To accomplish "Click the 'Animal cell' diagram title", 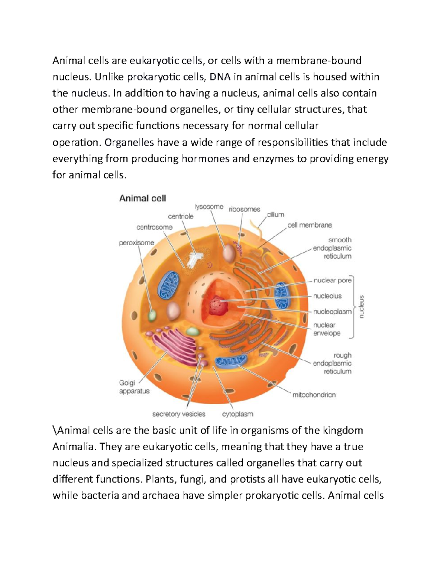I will pyautogui.click(x=142, y=198).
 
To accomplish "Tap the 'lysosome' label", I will pyautogui.click(x=209, y=207).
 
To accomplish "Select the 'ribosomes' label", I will pyautogui.click(x=245, y=210).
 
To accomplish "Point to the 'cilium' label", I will pyautogui.click(x=275, y=215).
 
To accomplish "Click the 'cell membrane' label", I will pyautogui.click(x=310, y=225).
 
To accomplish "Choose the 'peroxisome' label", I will pyautogui.click(x=136, y=243).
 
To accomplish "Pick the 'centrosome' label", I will pyautogui.click(x=154, y=227).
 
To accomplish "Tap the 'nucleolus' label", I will pyautogui.click(x=327, y=296).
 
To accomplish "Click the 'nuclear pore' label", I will pyautogui.click(x=332, y=281).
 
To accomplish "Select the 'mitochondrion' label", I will pyautogui.click(x=314, y=395).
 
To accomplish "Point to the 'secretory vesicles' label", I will pyautogui.click(x=179, y=414).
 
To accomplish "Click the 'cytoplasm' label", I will pyautogui.click(x=237, y=414).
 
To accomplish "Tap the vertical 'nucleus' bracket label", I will pyautogui.click(x=361, y=307).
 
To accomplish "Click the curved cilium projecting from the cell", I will pyautogui.click(x=257, y=230).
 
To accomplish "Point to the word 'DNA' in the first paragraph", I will pyautogui.click(x=220, y=77).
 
